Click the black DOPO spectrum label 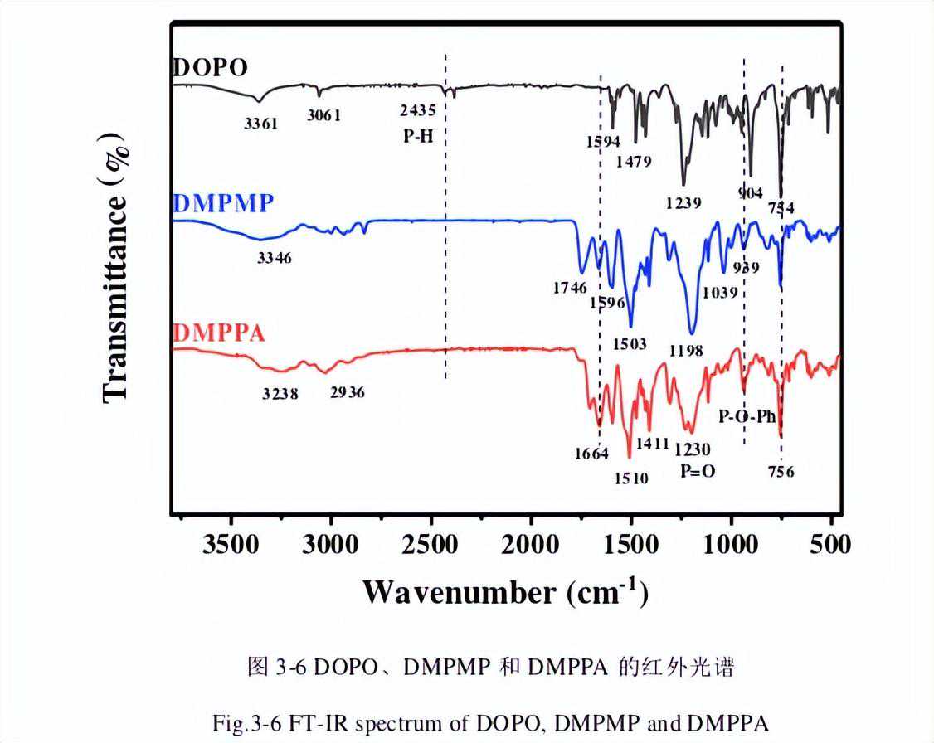pyautogui.click(x=210, y=68)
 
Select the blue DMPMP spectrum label pyautogui.click(x=223, y=204)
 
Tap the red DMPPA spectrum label pyautogui.click(x=220, y=334)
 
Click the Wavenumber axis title pyautogui.click(x=504, y=591)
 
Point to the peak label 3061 pyautogui.click(x=324, y=115)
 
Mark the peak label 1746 pyautogui.click(x=571, y=288)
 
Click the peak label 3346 pyautogui.click(x=275, y=258)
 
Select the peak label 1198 pyautogui.click(x=686, y=351)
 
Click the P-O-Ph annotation pyautogui.click(x=747, y=416)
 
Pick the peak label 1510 pyautogui.click(x=630, y=478)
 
